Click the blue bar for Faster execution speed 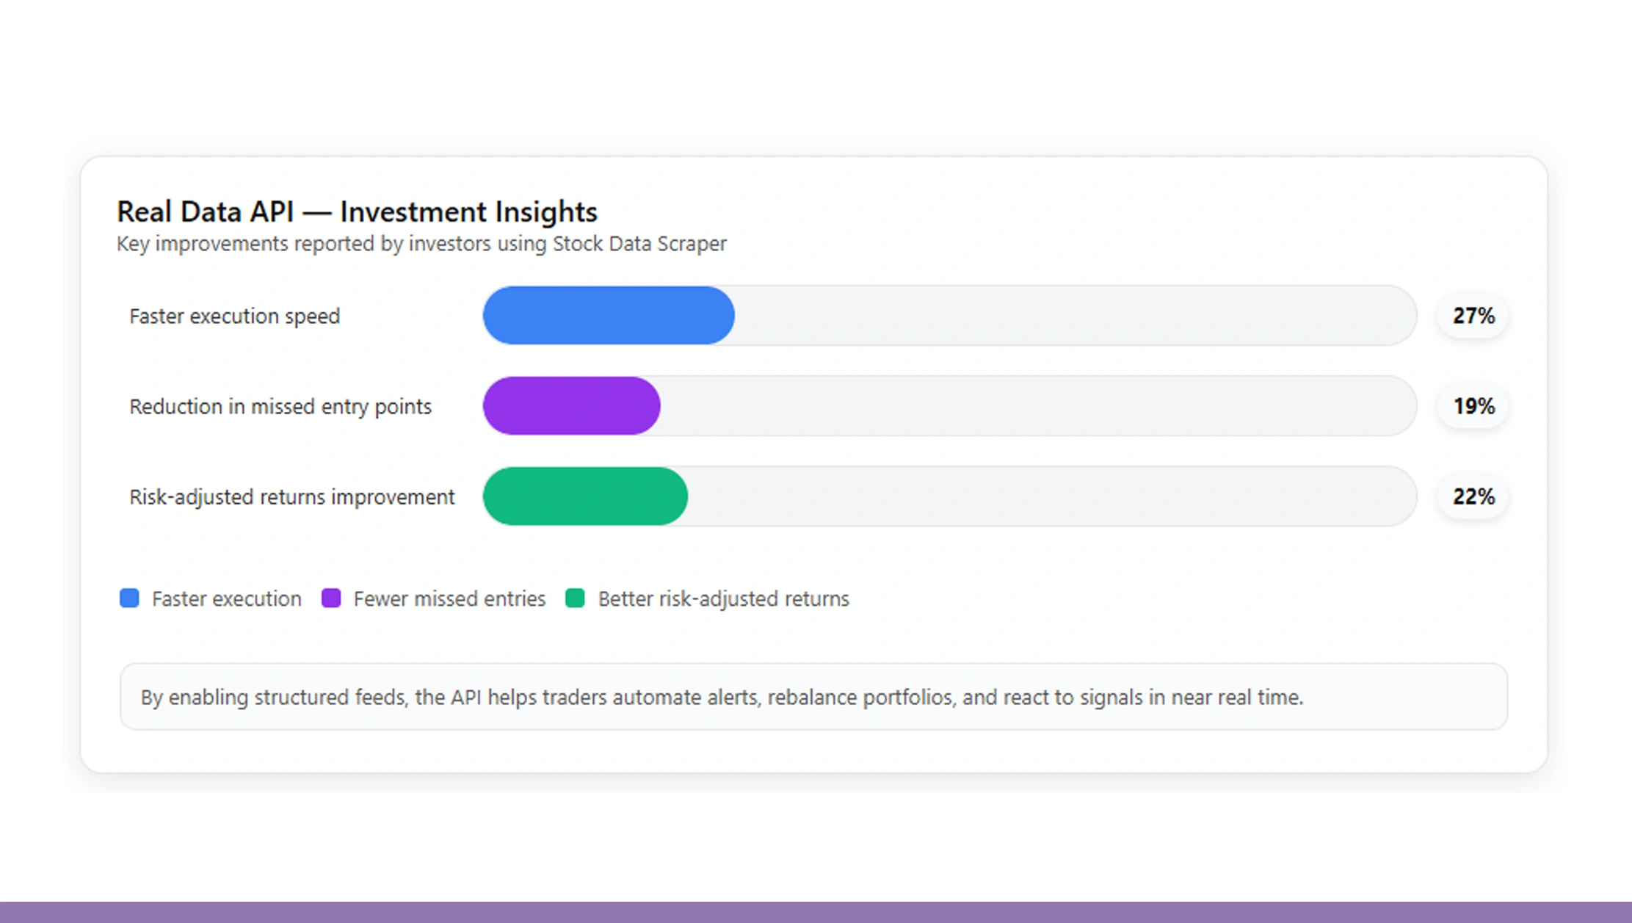[x=608, y=316]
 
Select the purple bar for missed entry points [x=571, y=406]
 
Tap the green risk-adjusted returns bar [x=585, y=496]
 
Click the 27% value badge [x=1473, y=316]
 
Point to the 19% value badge [x=1473, y=406]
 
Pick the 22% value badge [x=1473, y=496]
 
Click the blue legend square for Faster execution [x=129, y=598]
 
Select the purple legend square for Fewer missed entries [x=331, y=598]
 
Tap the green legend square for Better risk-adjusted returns [x=575, y=598]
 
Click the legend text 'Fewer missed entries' [x=449, y=599]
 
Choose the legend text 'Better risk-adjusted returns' [x=723, y=599]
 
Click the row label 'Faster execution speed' [x=234, y=316]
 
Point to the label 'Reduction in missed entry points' [x=280, y=407]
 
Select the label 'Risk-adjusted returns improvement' [x=291, y=497]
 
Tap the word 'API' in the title [x=271, y=212]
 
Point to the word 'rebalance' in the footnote [x=812, y=697]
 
